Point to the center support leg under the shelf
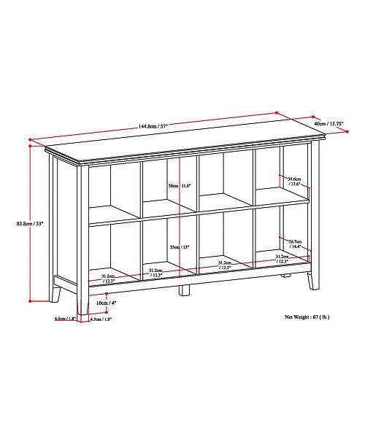point(185,289)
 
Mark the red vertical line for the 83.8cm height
point(30,222)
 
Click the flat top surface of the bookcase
point(182,145)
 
